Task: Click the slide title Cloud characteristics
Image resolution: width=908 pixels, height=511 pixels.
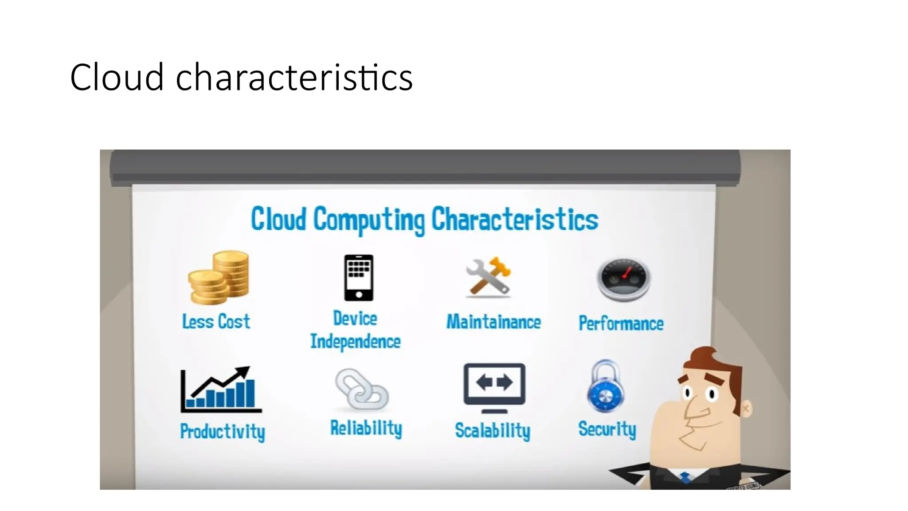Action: [241, 77]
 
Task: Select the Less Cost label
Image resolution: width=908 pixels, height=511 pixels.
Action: [216, 322]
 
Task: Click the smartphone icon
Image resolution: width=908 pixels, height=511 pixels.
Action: [359, 278]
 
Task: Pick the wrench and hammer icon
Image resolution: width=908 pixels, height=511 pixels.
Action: [488, 276]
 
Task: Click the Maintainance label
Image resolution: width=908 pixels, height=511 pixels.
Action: [493, 322]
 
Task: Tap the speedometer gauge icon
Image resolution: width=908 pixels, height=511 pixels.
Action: [623, 279]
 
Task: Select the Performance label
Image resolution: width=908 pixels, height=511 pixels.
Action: [621, 323]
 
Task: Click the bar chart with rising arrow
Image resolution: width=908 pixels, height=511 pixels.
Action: [220, 389]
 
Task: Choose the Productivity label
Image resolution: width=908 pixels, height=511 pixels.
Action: [223, 431]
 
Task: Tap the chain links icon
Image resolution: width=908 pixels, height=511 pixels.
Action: [361, 389]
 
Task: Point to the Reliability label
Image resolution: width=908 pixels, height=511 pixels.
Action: [366, 428]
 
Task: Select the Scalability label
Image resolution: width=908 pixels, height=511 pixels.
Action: [493, 431]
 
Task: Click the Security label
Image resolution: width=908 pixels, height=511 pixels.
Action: [607, 429]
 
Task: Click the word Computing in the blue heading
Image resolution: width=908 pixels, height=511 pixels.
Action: [369, 220]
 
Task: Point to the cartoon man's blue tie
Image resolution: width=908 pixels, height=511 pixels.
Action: [685, 477]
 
